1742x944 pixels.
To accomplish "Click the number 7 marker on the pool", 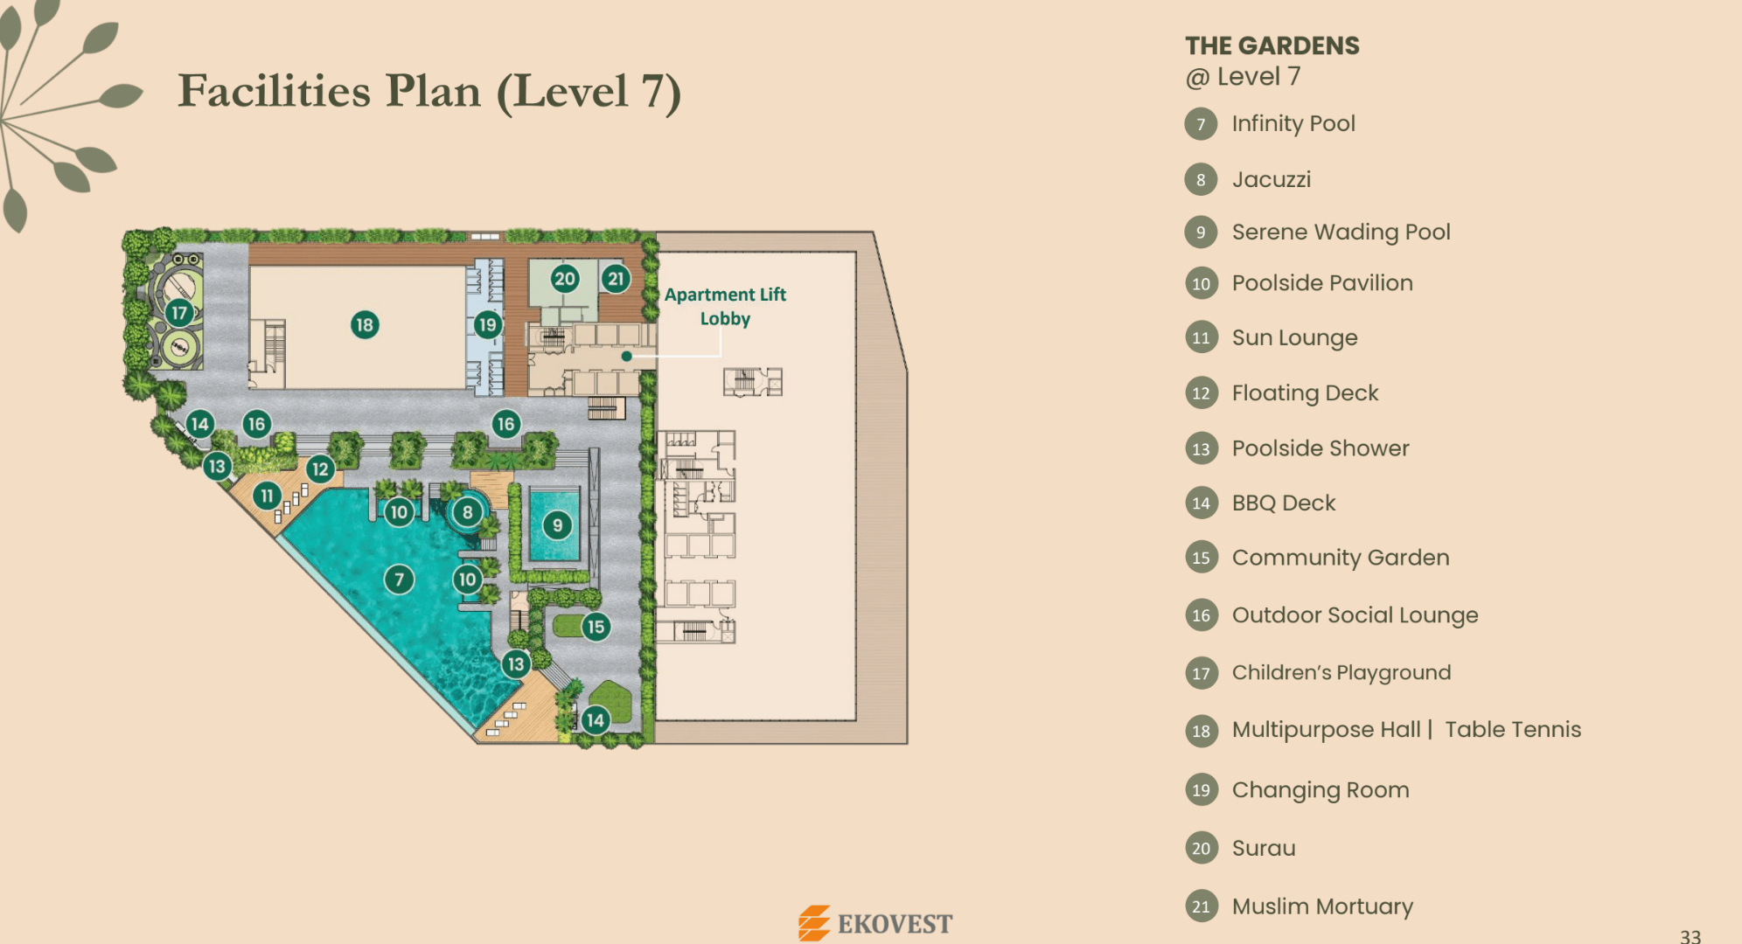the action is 400,579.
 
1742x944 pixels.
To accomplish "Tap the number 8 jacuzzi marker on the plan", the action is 468,512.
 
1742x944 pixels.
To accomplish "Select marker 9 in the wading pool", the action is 557,525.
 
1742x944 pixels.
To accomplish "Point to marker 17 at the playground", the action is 179,312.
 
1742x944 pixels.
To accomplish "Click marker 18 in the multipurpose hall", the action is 365,325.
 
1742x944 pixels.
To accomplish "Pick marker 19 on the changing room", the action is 487,325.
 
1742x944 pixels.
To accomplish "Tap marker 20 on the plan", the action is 565,279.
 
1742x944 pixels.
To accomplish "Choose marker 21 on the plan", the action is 616,279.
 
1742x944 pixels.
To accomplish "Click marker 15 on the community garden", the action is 596,627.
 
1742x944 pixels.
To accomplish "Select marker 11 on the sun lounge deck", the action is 267,496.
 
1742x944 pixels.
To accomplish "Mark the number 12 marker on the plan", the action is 320,469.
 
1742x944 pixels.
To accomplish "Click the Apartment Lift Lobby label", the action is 725,307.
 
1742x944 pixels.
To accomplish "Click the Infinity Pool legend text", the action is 1293,124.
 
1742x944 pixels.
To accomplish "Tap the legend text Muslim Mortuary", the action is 1322,907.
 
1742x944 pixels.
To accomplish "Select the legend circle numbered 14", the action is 1201,503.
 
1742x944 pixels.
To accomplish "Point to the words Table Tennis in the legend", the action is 1513,730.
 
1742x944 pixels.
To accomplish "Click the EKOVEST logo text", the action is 895,924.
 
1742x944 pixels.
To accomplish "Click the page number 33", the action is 1690,936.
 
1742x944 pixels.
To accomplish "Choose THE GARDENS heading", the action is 1272,45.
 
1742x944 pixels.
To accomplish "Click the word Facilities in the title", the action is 275,91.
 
